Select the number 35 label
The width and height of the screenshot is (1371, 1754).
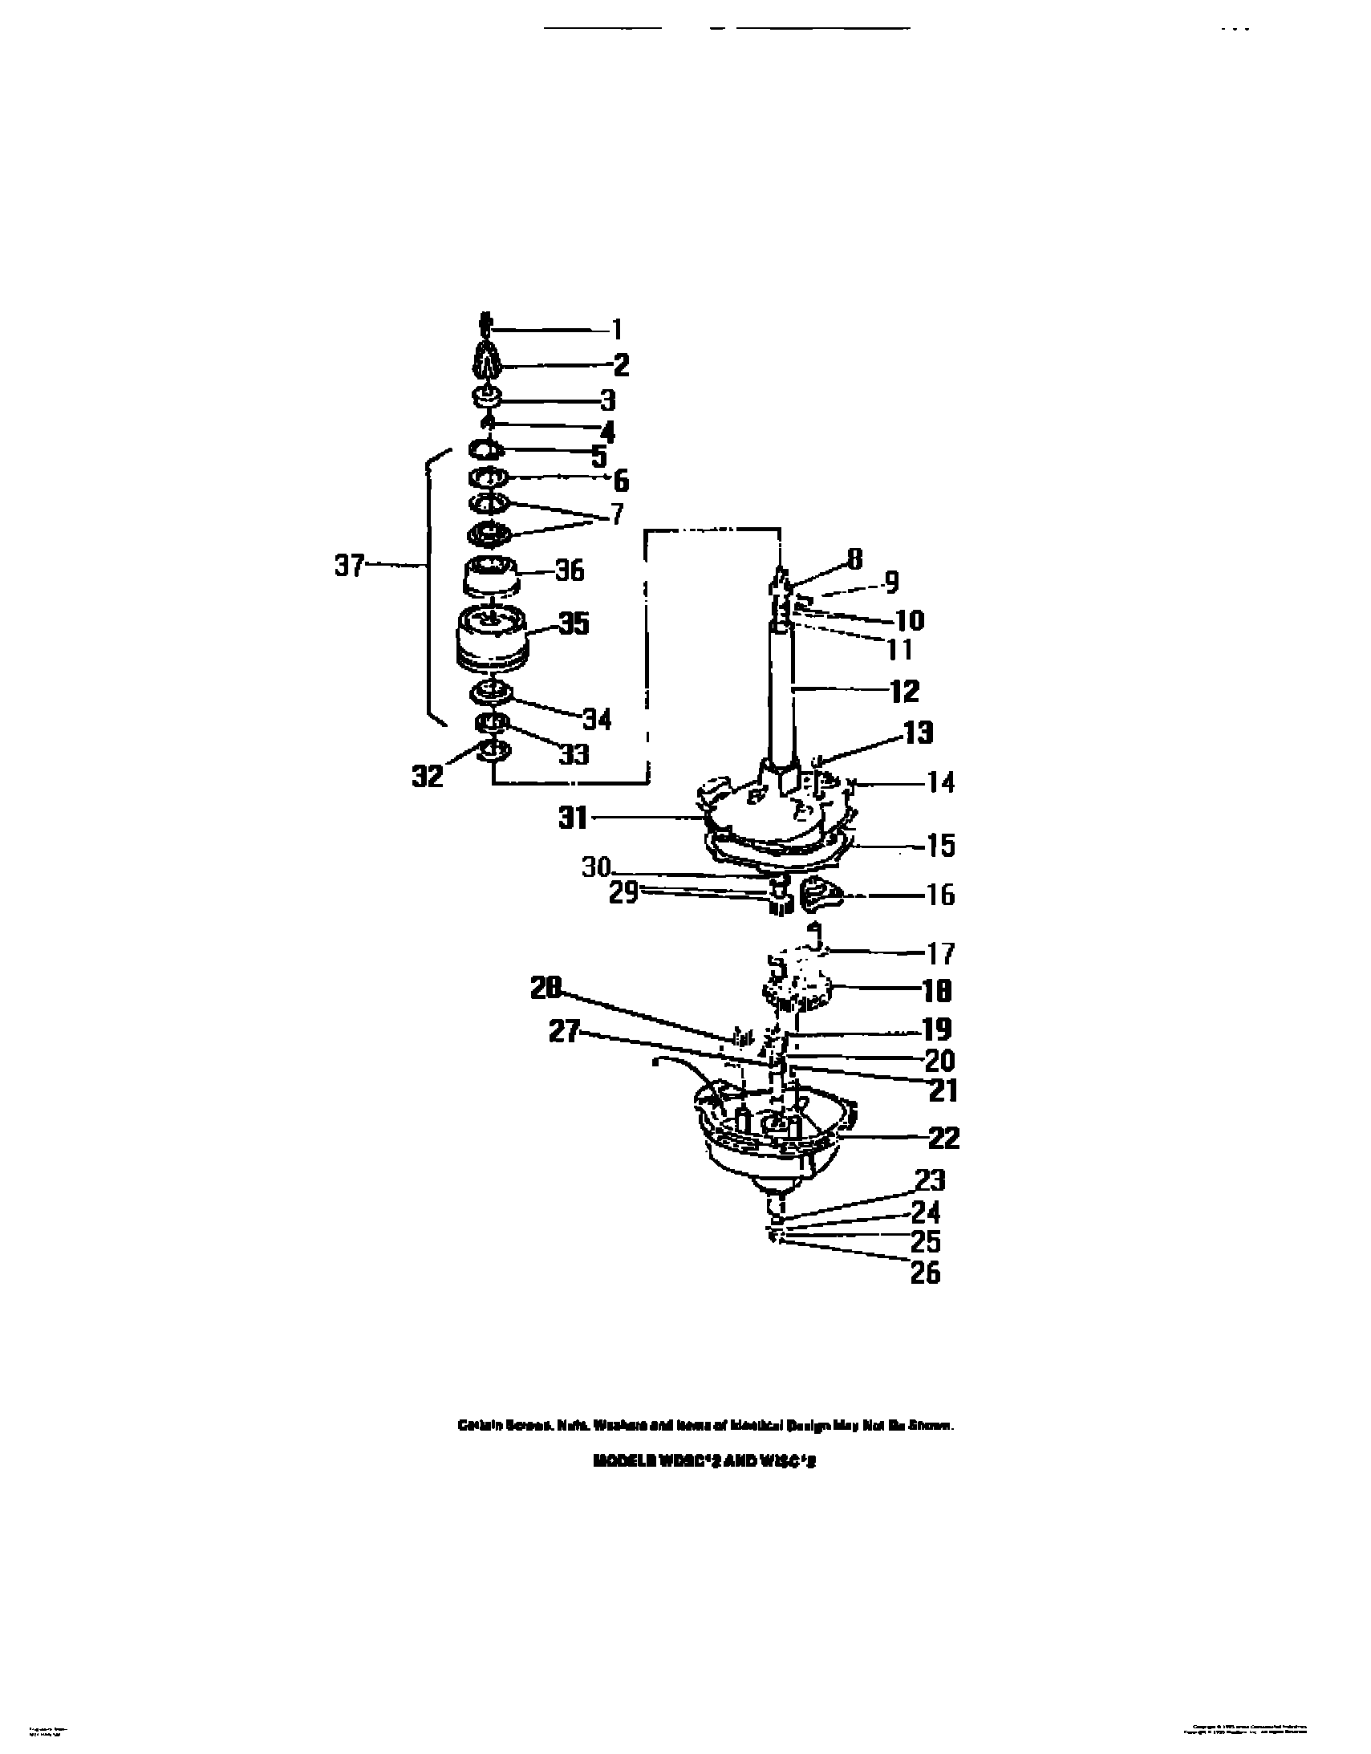click(574, 623)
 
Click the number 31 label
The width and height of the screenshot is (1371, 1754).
click(574, 818)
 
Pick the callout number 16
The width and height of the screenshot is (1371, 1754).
click(940, 895)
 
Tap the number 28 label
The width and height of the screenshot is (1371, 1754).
click(546, 989)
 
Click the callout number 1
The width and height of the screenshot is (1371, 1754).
click(616, 329)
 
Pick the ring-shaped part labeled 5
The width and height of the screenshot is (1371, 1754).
click(487, 449)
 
